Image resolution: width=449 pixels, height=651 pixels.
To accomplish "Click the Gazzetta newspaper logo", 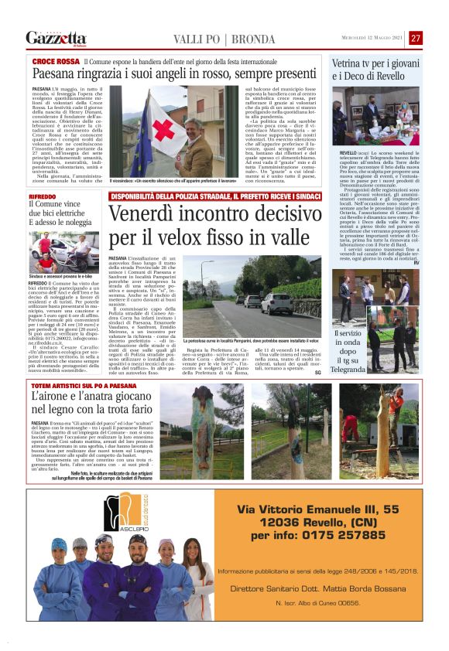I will pyautogui.click(x=56, y=38).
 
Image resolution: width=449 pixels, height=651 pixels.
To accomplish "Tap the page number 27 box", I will pyautogui.click(x=416, y=38).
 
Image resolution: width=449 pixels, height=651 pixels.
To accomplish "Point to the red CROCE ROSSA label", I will pyautogui.click(x=54, y=60).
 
